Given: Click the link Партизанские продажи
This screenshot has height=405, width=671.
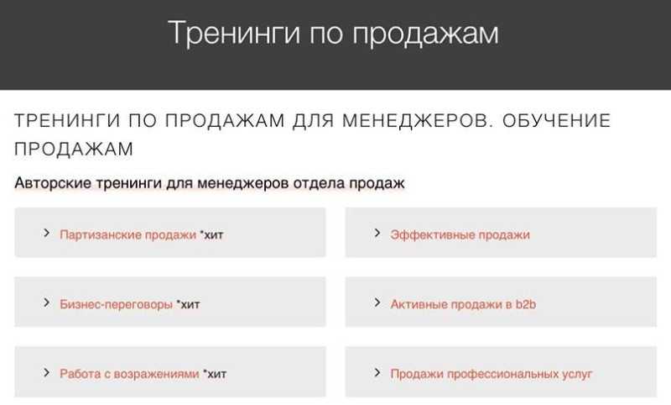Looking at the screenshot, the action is click(x=127, y=235).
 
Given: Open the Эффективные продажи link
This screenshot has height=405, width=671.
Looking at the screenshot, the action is click(x=460, y=235).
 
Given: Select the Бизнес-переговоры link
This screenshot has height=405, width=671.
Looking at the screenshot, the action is click(x=116, y=304).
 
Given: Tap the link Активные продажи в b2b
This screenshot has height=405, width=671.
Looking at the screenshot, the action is click(x=463, y=304).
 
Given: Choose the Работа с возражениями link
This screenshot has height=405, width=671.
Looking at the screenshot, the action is click(x=129, y=374).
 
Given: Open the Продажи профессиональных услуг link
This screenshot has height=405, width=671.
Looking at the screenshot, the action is click(x=492, y=374).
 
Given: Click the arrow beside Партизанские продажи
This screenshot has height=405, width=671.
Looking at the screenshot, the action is click(x=46, y=233).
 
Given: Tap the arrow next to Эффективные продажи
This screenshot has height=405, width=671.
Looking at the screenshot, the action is click(x=377, y=233).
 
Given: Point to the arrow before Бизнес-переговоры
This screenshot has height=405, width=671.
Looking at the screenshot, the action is click(x=46, y=302).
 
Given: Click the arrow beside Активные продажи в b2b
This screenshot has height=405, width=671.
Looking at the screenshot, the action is click(x=377, y=302).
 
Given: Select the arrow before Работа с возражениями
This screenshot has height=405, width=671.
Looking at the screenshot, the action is click(x=46, y=372).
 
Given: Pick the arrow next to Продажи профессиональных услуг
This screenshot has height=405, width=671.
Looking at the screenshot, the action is click(x=377, y=372).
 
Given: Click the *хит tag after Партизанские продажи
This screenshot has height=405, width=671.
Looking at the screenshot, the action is click(x=212, y=235).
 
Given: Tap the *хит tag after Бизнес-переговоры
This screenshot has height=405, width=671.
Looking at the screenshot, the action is click(x=188, y=304).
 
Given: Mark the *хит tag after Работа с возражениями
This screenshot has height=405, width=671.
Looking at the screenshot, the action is click(x=215, y=374).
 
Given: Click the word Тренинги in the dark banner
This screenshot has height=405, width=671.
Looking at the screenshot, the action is click(x=234, y=33).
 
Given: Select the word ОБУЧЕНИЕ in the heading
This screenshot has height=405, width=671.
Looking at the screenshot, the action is click(x=556, y=120).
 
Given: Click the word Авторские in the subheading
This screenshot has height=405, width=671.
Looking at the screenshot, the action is click(x=53, y=183).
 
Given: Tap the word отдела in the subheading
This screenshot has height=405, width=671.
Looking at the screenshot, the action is click(x=319, y=183).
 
